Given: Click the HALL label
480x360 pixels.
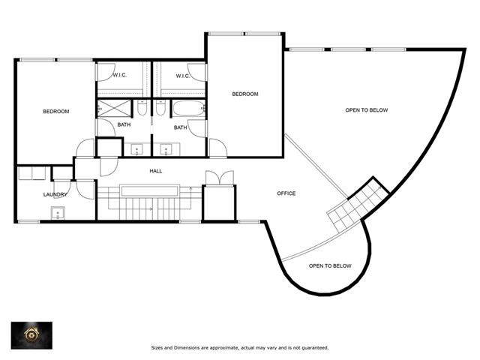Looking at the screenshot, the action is click(x=156, y=171).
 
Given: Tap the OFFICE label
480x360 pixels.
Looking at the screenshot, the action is click(x=286, y=193).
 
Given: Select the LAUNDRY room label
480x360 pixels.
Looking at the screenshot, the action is click(x=55, y=194).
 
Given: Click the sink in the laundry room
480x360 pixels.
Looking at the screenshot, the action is click(x=58, y=213).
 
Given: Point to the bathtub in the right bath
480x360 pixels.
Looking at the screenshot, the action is click(x=188, y=108).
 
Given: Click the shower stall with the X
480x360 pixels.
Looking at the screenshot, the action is click(x=113, y=108).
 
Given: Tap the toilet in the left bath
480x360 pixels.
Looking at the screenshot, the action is click(x=142, y=108).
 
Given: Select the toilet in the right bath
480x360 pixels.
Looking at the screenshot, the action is click(x=160, y=108).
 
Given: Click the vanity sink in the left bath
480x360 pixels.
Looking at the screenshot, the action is click(x=136, y=150).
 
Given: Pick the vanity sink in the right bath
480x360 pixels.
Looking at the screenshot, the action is click(x=166, y=150).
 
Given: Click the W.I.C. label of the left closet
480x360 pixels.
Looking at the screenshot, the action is click(x=120, y=75).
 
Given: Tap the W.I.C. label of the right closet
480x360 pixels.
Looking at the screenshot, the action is click(x=183, y=76).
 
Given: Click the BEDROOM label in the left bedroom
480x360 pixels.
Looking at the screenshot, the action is click(x=56, y=112).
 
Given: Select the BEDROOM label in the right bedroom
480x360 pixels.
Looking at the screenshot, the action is click(x=245, y=94).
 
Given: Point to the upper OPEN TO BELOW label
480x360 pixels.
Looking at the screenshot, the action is click(x=367, y=110).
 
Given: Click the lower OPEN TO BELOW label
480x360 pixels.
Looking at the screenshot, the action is click(x=330, y=266).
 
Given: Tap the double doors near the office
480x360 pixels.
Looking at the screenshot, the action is click(x=220, y=178).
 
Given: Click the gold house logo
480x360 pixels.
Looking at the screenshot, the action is click(x=31, y=335).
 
